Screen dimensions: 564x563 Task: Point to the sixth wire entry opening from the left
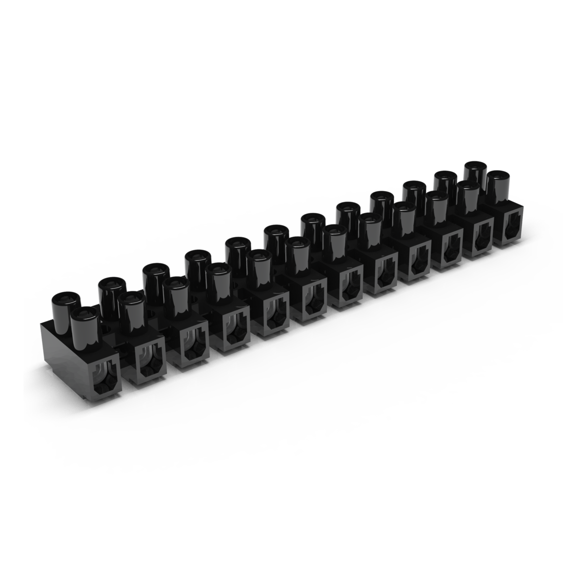click(x=309, y=304)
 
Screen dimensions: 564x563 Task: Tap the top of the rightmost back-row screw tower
click(x=475, y=166)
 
